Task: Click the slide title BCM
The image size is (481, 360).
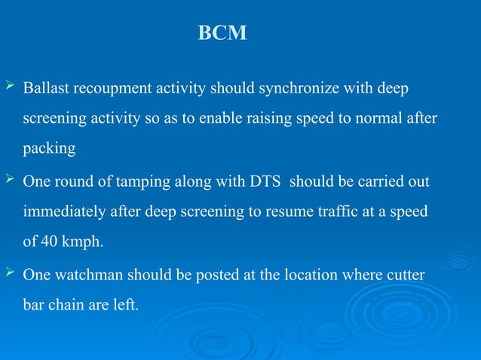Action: pyautogui.click(x=222, y=34)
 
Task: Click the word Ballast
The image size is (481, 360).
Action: pyautogui.click(x=45, y=90)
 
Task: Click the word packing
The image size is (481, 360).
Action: pyautogui.click(x=49, y=149)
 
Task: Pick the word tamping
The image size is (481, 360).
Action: pyautogui.click(x=120, y=182)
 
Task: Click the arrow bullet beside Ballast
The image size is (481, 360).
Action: pyautogui.click(x=10, y=90)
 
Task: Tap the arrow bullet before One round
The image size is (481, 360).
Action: pyautogui.click(x=10, y=182)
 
